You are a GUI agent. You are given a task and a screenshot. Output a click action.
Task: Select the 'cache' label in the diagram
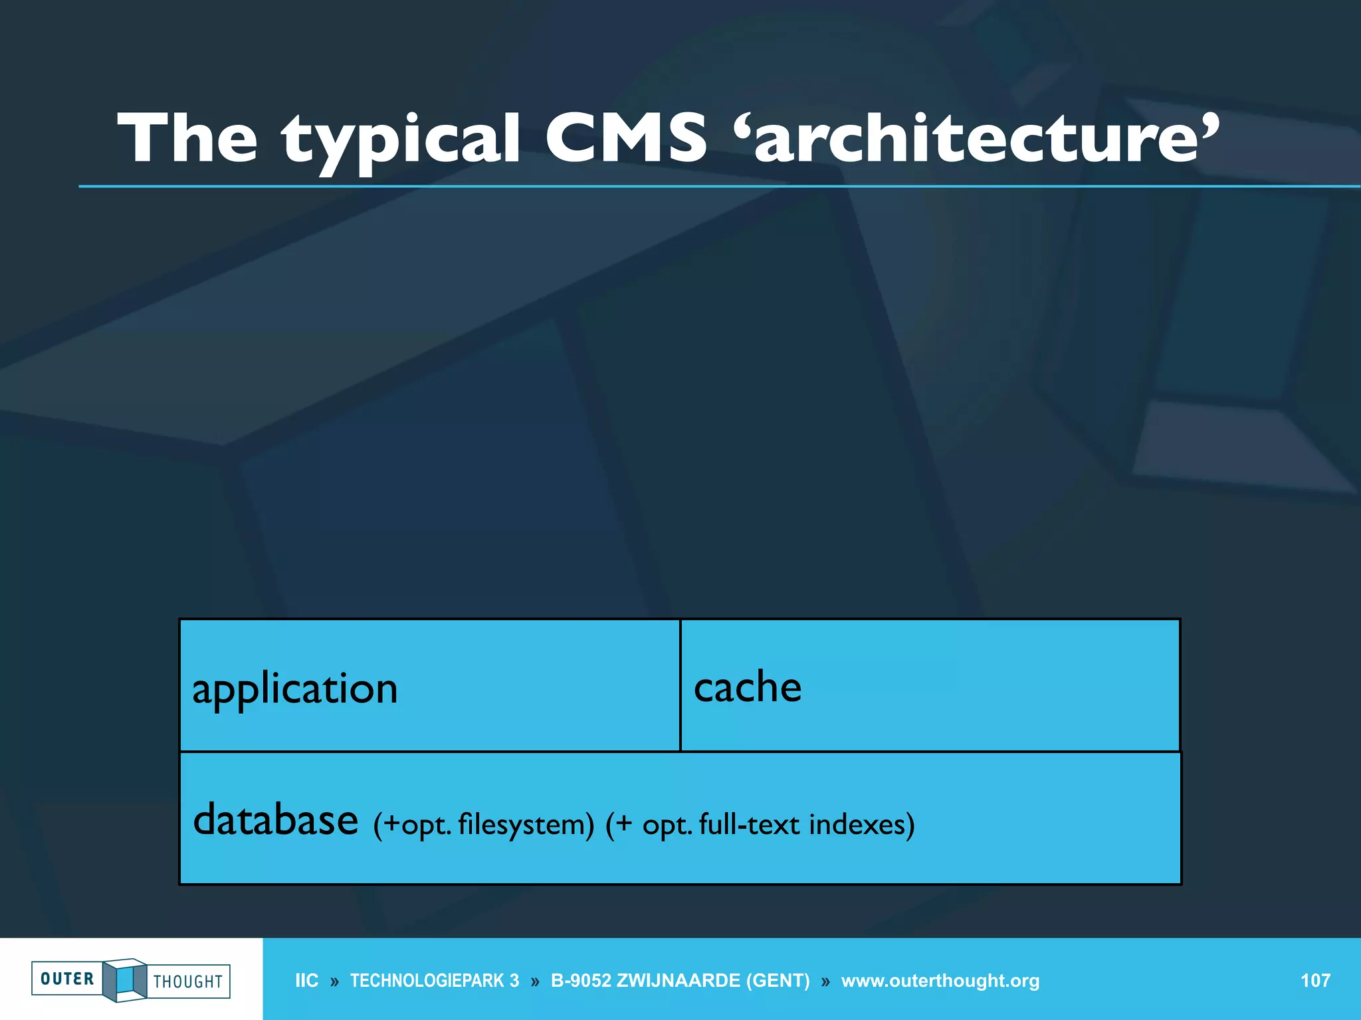click(748, 687)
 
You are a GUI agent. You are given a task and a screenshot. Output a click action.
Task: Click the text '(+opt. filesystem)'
click(484, 825)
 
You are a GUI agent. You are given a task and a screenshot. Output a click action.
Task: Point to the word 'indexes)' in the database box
click(862, 824)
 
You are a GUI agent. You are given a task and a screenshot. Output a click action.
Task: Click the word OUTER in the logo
click(67, 979)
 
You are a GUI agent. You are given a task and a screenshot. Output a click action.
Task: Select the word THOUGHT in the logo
click(188, 981)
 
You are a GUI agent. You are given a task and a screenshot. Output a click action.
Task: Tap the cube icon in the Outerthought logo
click(125, 979)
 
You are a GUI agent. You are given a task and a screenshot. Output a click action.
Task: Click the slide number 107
click(1314, 981)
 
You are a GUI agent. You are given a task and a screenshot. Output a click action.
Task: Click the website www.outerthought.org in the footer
click(940, 981)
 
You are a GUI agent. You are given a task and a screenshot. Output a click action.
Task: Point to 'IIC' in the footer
click(306, 981)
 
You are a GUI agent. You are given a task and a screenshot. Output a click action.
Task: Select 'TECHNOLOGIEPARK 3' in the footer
click(435, 981)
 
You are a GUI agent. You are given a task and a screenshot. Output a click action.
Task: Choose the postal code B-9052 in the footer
click(581, 981)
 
